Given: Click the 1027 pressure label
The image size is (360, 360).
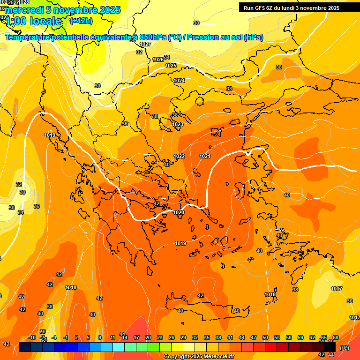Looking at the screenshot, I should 145,44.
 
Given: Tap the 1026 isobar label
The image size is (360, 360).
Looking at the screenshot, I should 158,60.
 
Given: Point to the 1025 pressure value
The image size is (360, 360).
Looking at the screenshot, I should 171,66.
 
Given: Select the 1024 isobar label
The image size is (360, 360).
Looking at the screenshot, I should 179,81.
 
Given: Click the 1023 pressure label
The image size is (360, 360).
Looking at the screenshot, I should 178,124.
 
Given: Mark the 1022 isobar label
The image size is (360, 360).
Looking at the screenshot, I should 179,156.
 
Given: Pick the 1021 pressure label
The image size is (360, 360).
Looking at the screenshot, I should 205,156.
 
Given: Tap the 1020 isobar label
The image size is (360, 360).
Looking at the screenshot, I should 179,212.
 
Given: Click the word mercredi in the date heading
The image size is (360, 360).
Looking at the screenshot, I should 24,10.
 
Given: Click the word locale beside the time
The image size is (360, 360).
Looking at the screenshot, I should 46,21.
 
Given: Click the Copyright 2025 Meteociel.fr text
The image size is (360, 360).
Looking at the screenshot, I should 199,357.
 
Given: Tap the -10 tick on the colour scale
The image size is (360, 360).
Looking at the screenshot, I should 31,337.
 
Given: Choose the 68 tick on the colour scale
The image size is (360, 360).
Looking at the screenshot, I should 336,337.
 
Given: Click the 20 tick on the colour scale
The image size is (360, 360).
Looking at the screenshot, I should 148,337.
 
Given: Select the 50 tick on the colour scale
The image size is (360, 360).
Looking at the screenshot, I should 265,337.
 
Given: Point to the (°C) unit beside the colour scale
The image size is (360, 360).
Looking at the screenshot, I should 345,348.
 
